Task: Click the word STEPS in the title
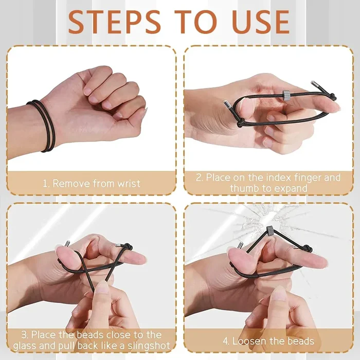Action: click(x=114, y=22)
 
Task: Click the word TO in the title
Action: click(x=195, y=22)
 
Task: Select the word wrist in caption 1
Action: click(x=129, y=184)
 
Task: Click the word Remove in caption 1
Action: click(x=71, y=184)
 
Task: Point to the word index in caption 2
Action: click(x=277, y=177)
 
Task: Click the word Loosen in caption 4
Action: click(x=249, y=341)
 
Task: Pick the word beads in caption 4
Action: click(x=301, y=341)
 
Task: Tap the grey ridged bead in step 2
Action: click(x=285, y=94)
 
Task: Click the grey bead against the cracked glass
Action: click(x=269, y=230)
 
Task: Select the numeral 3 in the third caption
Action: click(x=24, y=335)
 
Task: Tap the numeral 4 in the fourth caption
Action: click(x=225, y=341)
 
